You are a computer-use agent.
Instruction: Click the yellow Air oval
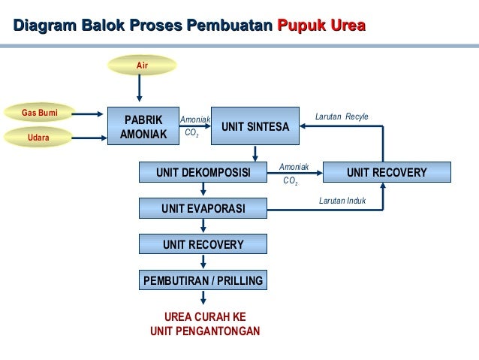[142, 66]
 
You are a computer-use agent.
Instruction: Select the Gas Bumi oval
[40, 113]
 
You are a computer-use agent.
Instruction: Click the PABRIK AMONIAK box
[143, 127]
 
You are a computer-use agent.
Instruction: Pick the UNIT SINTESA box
[255, 127]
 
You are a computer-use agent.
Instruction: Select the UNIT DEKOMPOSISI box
[203, 173]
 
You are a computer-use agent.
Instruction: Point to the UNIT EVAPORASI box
[203, 208]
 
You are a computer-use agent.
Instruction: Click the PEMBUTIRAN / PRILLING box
[203, 280]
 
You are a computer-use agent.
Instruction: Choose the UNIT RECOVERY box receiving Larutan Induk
[387, 173]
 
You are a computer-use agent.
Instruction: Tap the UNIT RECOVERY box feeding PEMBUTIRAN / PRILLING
[203, 244]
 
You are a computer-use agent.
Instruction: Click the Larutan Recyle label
[342, 117]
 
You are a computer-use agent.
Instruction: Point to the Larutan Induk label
[342, 201]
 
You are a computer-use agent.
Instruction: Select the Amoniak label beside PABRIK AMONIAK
[195, 119]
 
